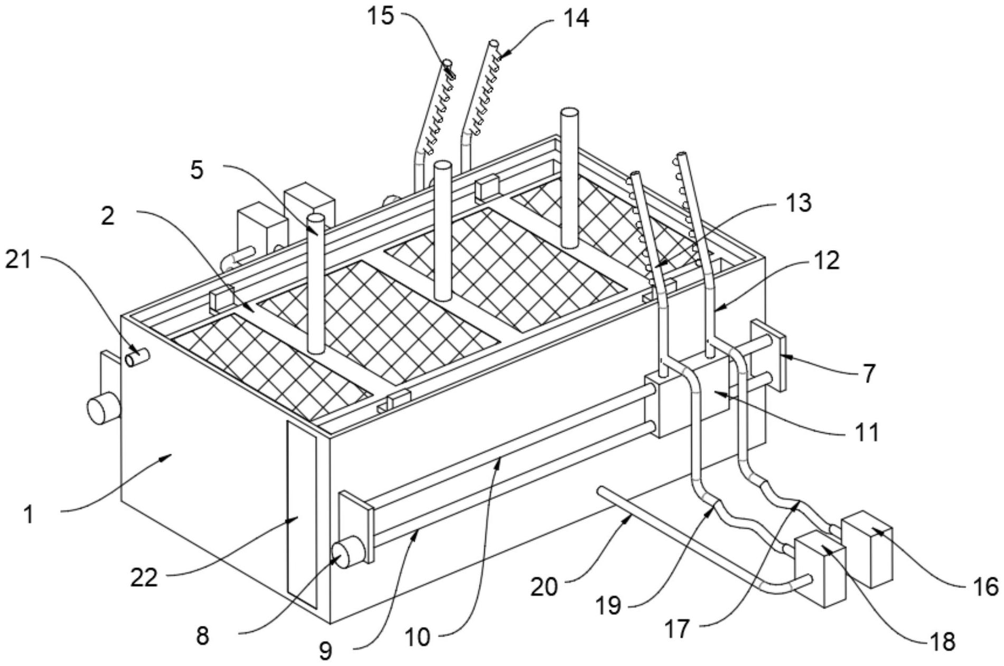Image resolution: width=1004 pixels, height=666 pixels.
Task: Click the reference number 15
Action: tap(381, 16)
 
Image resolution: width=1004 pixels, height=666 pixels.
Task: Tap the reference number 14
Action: tap(576, 18)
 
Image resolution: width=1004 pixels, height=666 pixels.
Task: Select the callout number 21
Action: tap(19, 260)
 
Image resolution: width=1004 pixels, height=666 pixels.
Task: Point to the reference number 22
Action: tap(144, 578)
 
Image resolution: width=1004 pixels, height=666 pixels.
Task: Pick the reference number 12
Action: tap(826, 260)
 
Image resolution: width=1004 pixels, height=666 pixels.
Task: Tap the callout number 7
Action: tap(869, 373)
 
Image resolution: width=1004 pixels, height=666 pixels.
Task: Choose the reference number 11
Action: tap(866, 432)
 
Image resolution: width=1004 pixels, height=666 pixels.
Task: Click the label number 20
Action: tap(544, 586)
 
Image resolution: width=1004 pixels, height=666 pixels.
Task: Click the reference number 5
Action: tap(197, 170)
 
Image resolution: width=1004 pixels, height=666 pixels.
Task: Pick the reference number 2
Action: tap(108, 216)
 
